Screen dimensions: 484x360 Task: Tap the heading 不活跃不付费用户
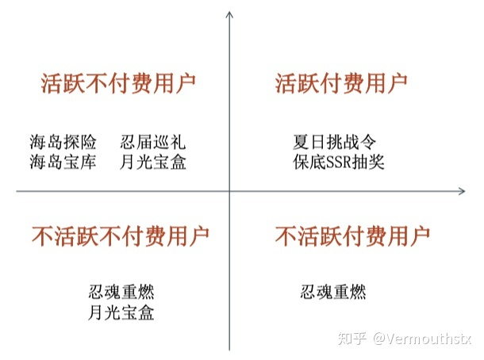click(121, 235)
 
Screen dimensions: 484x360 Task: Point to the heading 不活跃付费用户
click(352, 235)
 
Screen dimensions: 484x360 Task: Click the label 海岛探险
click(63, 143)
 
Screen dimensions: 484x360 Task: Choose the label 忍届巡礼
click(153, 143)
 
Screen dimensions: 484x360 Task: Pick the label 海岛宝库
click(63, 164)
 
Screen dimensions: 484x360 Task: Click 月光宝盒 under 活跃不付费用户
click(153, 164)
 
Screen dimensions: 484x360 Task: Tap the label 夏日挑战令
click(334, 143)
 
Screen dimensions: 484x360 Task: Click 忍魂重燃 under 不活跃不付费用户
click(121, 292)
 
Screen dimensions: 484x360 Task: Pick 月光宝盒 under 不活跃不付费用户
click(121, 313)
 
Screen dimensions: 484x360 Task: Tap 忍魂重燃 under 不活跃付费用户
click(333, 292)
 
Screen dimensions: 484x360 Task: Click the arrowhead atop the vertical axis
click(229, 13)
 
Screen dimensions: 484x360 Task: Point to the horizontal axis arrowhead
click(461, 190)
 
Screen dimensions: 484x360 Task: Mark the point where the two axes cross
click(229, 190)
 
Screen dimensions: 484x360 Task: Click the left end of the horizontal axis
click(17, 190)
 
